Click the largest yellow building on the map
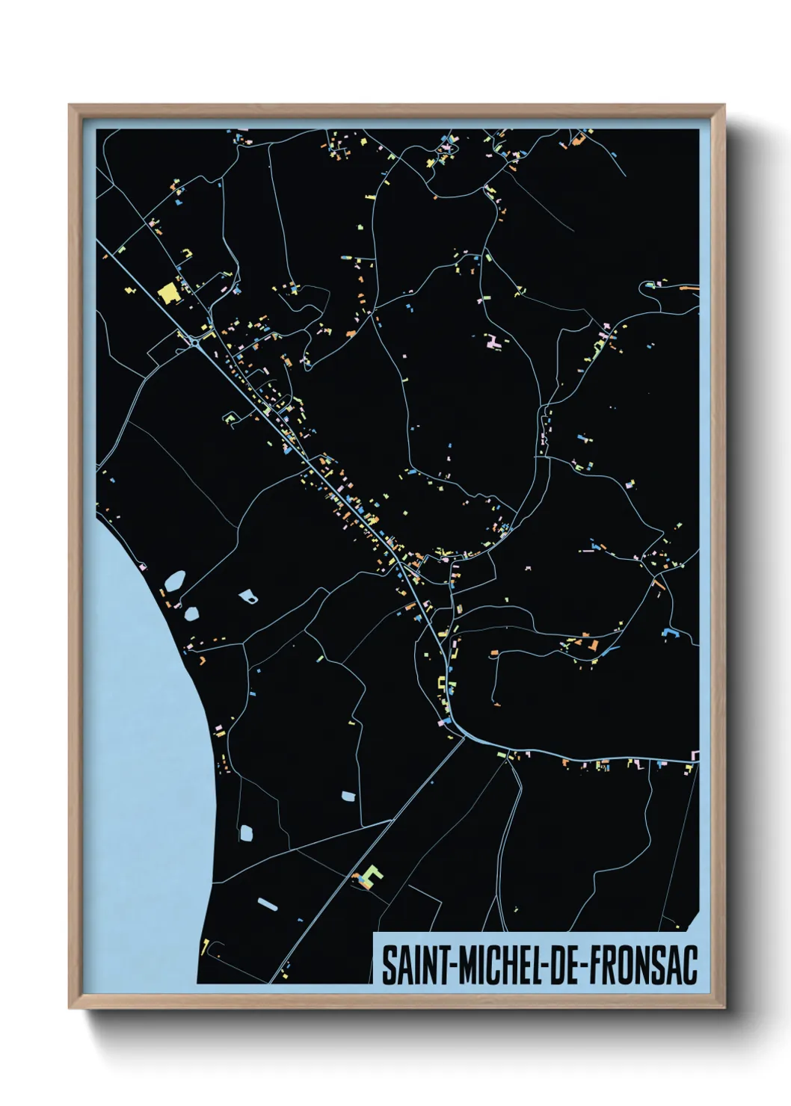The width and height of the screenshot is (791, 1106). (x=169, y=292)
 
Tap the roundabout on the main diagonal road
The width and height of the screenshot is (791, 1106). (x=196, y=342)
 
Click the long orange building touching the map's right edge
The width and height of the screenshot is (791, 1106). (x=689, y=285)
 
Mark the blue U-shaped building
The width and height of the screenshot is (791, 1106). (x=669, y=633)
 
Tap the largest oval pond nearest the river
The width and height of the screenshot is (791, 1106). (x=174, y=581)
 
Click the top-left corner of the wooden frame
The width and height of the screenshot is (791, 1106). (x=70, y=106)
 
